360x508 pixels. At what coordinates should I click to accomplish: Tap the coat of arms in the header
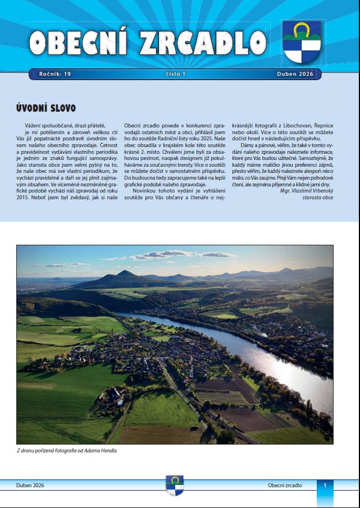(302, 43)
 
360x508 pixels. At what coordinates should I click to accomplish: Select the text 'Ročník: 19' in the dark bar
(55, 74)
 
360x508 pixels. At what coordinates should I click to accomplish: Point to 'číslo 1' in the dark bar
(176, 74)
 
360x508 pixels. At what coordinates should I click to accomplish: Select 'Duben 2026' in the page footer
(30, 485)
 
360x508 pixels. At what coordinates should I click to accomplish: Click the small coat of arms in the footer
(175, 485)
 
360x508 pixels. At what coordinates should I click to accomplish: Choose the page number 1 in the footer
(325, 485)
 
